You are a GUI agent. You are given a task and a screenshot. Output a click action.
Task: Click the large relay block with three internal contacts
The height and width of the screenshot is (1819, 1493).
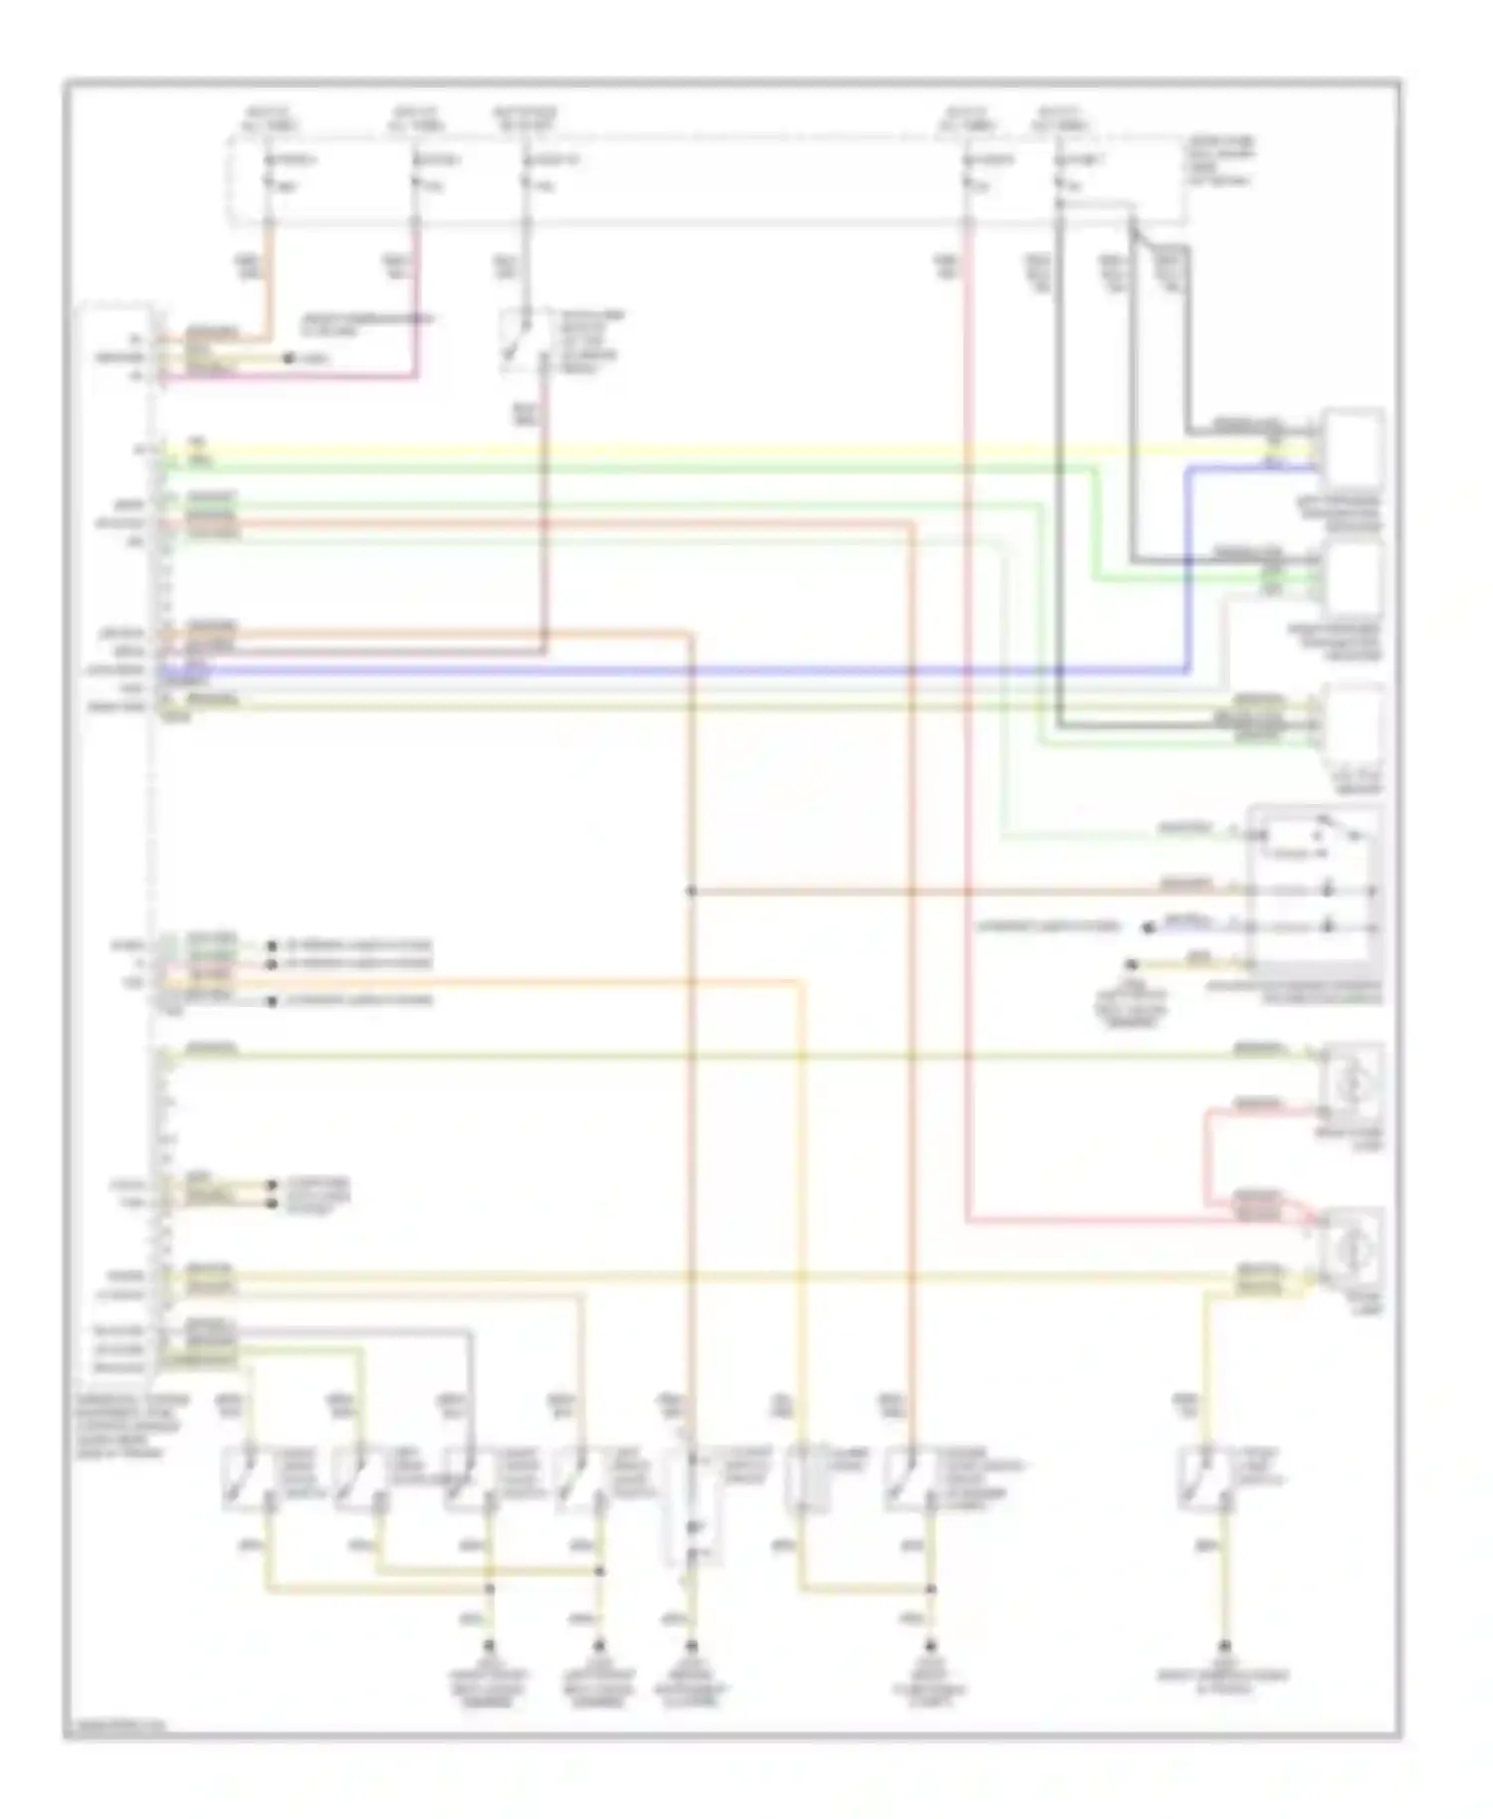tap(1316, 889)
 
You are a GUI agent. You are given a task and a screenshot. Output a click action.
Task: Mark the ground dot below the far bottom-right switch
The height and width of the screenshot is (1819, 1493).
tap(1225, 1645)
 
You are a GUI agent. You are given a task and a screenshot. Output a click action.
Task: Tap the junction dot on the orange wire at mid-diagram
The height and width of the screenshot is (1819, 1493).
tap(691, 892)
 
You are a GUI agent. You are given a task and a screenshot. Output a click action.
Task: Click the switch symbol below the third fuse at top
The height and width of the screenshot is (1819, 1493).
tap(525, 341)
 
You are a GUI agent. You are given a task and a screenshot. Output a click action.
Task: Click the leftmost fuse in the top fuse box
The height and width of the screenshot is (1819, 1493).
tap(267, 171)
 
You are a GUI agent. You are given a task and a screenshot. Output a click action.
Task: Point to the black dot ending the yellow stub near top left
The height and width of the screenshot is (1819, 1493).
tap(289, 357)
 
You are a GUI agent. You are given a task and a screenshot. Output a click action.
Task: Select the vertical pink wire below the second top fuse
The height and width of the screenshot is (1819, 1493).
tap(416, 299)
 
